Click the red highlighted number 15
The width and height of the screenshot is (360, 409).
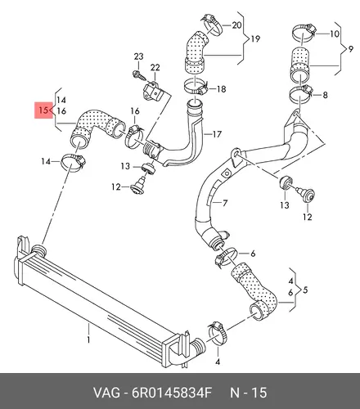tap(43, 110)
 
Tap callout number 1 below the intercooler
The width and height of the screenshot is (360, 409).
tap(88, 339)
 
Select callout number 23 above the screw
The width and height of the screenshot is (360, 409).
tap(138, 56)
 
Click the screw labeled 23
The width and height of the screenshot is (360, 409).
tap(138, 75)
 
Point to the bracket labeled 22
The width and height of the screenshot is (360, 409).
tap(154, 91)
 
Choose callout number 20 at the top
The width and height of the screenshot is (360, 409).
tap(236, 25)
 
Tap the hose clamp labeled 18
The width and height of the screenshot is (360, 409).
tap(196, 86)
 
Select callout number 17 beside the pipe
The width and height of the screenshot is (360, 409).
tap(217, 134)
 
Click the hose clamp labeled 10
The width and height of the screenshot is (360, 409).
tap(304, 32)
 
